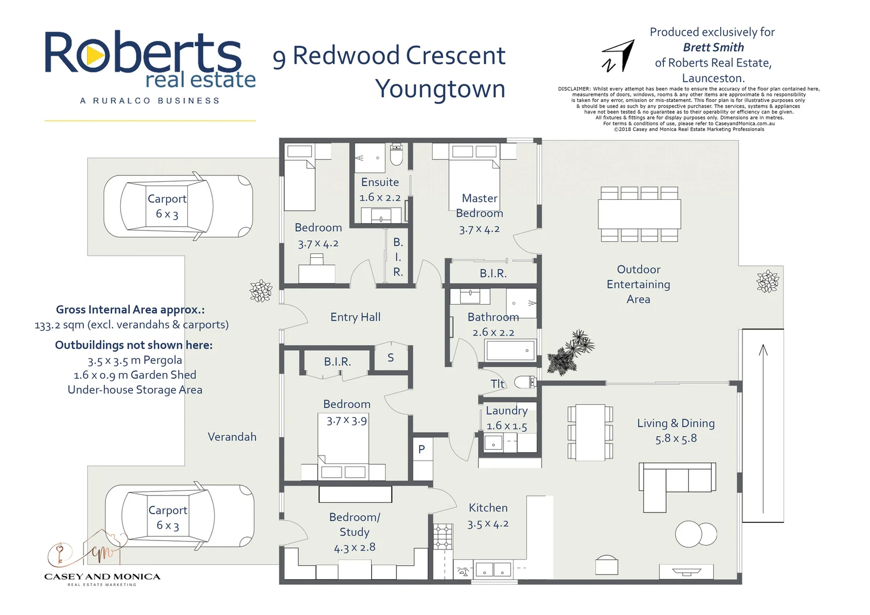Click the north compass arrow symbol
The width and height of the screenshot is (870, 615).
619,56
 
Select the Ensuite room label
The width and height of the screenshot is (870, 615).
380,182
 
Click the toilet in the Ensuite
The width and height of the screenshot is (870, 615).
396,154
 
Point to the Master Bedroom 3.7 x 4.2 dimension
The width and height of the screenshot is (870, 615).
479,229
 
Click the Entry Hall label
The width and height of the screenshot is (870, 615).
355,317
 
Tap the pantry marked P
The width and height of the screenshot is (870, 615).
422,449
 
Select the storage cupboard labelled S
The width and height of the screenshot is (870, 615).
391,358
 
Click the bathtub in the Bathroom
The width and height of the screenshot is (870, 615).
510,350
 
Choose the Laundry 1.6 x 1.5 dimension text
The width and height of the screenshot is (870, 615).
507,425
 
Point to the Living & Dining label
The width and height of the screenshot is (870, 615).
676,423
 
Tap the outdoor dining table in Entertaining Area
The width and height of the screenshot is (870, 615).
639,214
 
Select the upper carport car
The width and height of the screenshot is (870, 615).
178,206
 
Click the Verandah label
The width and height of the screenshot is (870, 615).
232,437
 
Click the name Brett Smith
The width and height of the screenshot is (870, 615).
713,47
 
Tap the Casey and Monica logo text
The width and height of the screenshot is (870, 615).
102,577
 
